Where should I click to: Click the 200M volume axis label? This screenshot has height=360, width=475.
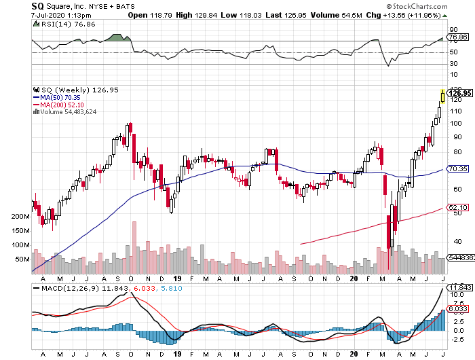click(20, 217)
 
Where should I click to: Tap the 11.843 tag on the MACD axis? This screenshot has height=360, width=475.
click(456, 287)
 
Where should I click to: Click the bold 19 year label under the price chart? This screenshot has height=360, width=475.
click(177, 278)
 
